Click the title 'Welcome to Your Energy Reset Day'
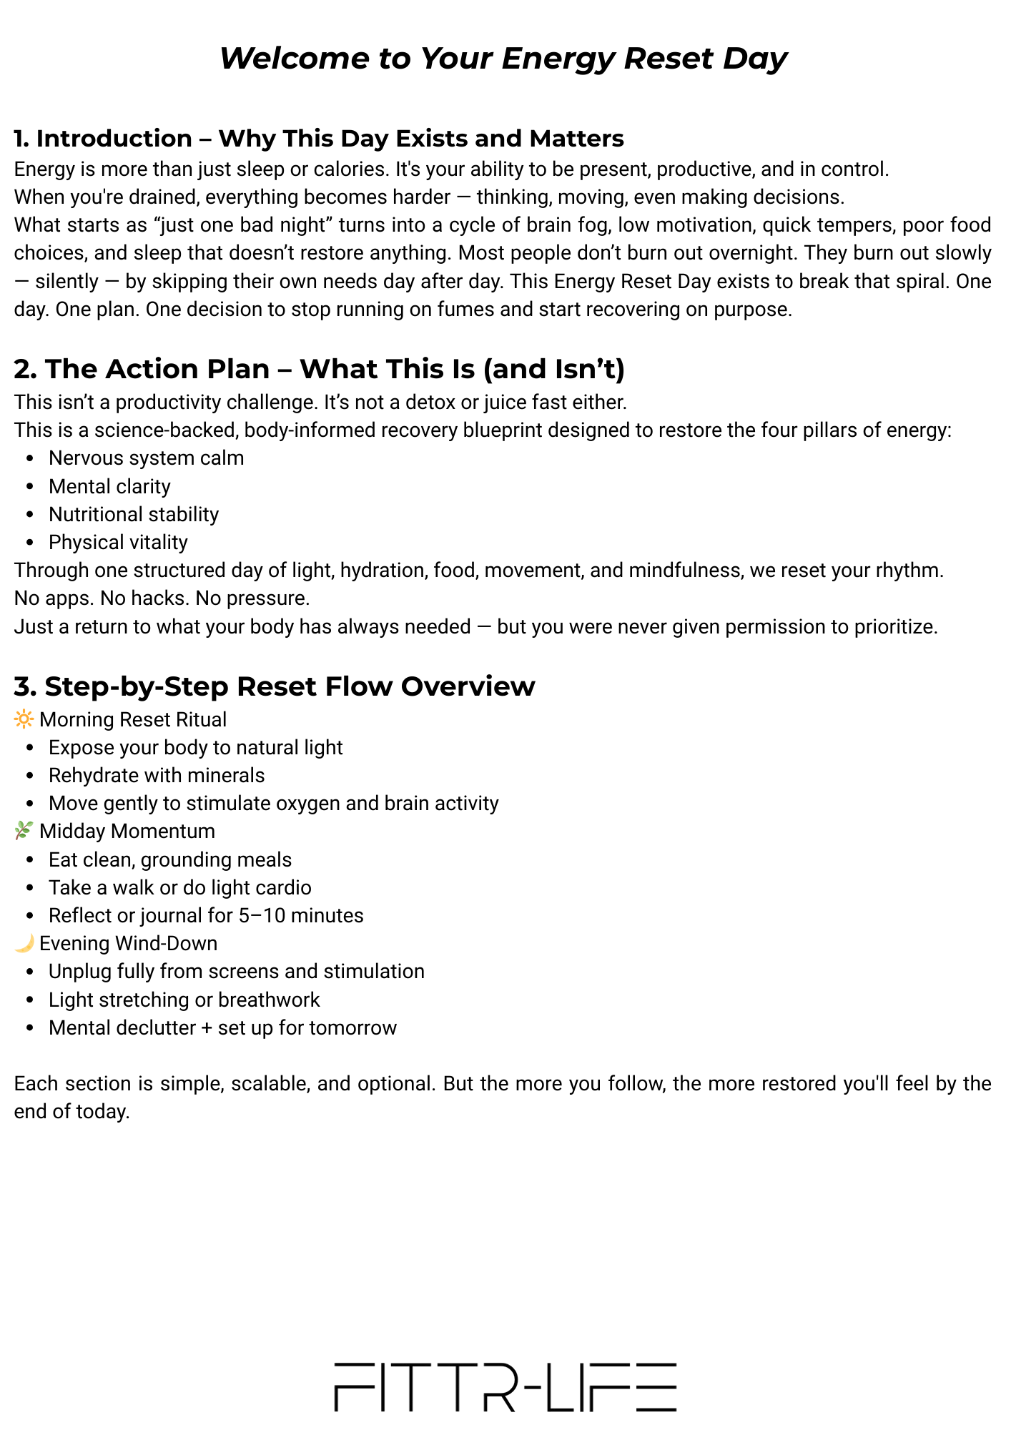pos(503,59)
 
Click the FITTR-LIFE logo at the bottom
pos(505,1386)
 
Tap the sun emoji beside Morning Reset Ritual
pos(24,719)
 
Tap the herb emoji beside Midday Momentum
pos(24,831)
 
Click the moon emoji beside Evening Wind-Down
pos(24,943)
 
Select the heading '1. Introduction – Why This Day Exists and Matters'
pos(319,138)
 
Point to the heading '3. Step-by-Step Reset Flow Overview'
pos(275,686)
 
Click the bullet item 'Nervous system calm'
pos(146,458)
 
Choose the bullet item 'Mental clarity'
pos(109,486)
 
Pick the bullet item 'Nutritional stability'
pos(134,514)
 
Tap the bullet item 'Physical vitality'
pos(118,542)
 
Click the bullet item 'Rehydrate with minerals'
pos(157,775)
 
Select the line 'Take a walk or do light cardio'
pos(180,887)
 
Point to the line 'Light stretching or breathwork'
pos(184,1000)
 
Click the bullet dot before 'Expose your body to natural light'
pos(29,748)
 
